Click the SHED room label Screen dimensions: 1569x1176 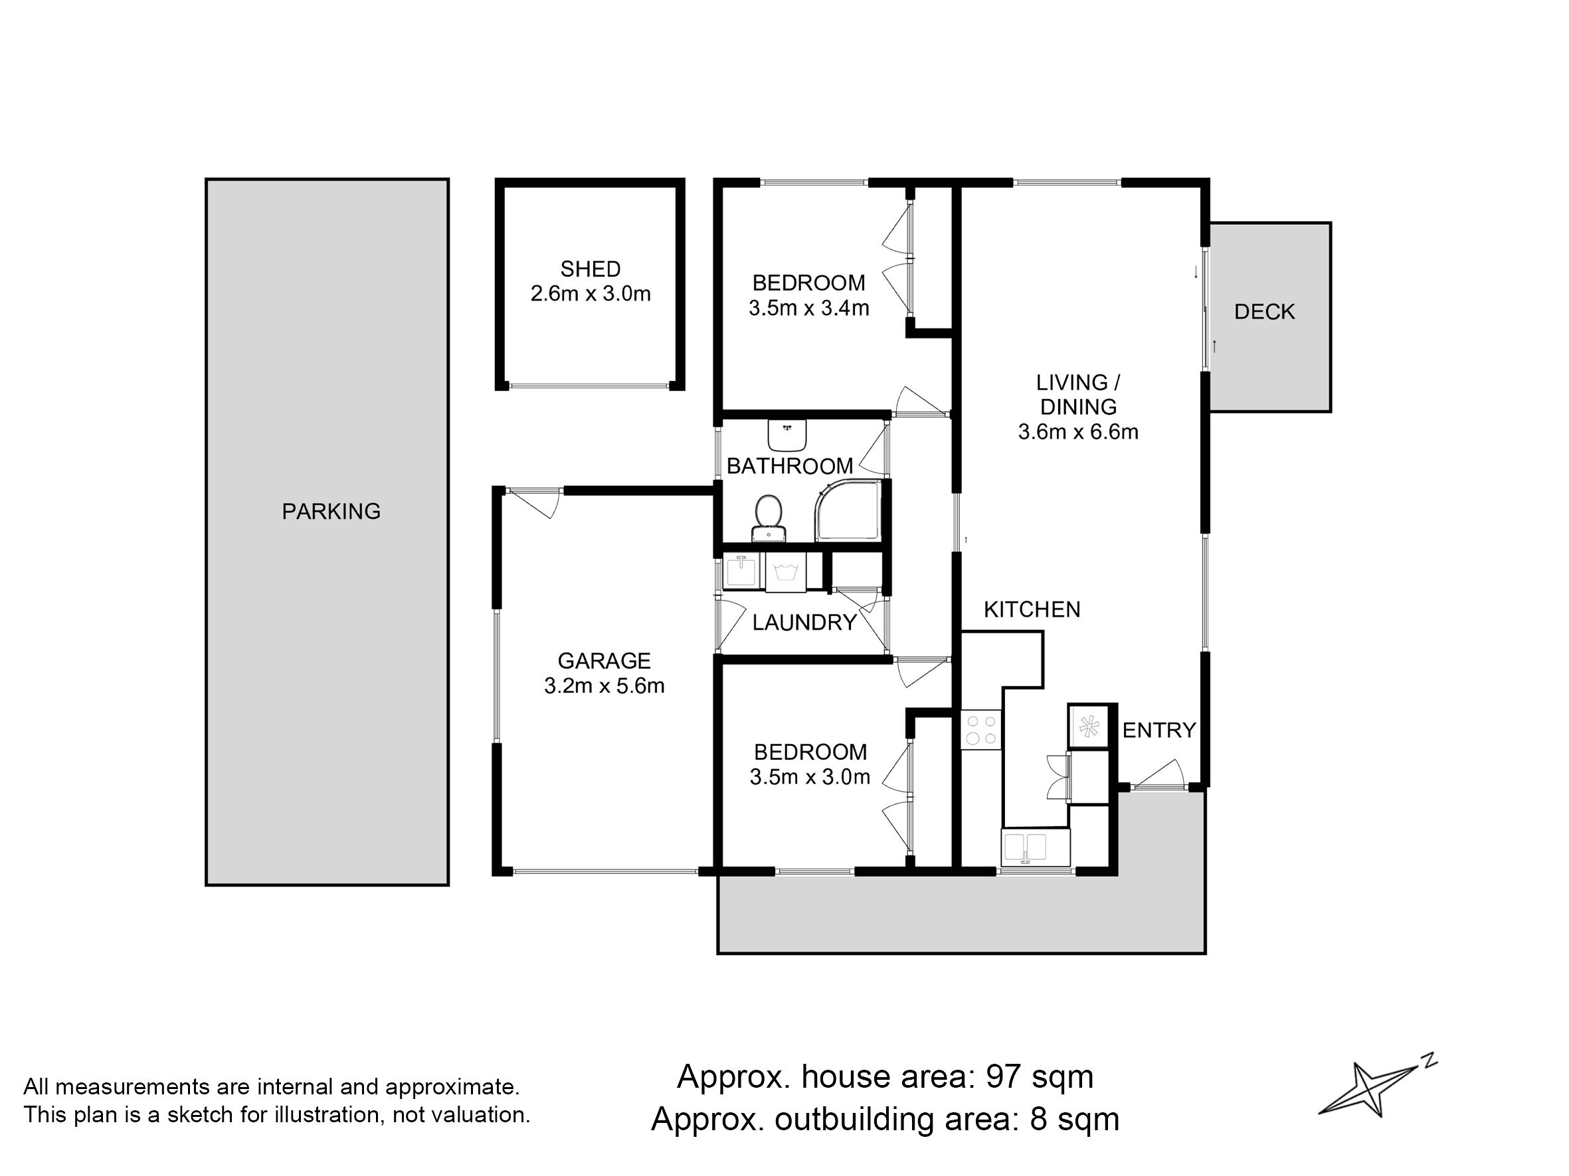tap(590, 269)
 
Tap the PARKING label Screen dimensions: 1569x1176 tap(331, 511)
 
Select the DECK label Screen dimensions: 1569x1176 tap(1265, 311)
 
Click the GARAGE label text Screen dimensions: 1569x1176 tap(604, 660)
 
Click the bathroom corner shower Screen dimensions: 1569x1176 tap(848, 510)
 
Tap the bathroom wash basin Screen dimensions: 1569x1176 tap(787, 435)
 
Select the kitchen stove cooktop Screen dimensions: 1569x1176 tap(981, 730)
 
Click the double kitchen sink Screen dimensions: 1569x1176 tap(1036, 847)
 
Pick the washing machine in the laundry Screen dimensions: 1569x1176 tap(785, 571)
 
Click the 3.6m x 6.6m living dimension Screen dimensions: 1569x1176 tap(1078, 431)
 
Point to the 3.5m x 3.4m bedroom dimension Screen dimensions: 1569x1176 tap(808, 309)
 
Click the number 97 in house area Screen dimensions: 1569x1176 tap(1004, 1076)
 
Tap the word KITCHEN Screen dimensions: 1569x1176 tap(1032, 610)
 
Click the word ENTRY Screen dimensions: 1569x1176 tap(1159, 730)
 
